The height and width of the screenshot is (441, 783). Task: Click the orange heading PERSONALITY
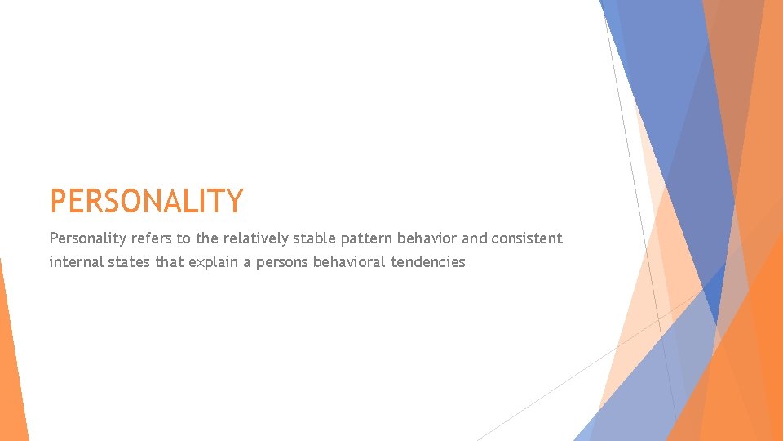147,201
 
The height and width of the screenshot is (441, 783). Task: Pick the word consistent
527,238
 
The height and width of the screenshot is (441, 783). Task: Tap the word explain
215,262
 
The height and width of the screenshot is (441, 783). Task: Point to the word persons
280,262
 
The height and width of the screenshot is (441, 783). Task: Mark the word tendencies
428,262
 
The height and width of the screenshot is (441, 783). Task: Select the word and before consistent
476,238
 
